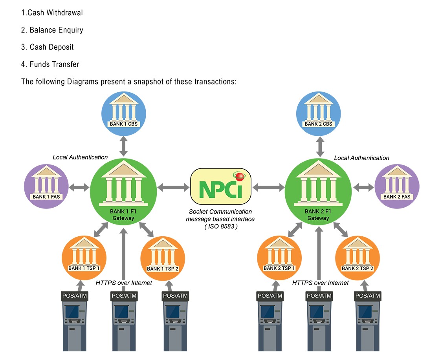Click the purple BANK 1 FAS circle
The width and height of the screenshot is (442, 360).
46,186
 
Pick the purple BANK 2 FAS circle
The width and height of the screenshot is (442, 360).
397,186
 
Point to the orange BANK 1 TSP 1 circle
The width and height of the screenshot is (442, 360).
84,257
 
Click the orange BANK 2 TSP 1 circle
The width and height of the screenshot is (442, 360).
279,257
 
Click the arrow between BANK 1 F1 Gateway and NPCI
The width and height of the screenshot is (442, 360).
173,188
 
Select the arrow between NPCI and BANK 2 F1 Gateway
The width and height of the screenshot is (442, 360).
268,188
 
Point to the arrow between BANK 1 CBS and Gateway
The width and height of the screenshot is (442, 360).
124,146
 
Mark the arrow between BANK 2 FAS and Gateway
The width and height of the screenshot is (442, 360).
363,188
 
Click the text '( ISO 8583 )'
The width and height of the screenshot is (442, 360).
220,226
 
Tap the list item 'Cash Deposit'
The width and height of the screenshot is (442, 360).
51,47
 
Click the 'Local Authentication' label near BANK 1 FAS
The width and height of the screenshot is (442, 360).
80,157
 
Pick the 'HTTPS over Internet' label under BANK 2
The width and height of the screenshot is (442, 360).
320,283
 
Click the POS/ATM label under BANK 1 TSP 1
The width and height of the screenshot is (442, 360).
74,296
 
